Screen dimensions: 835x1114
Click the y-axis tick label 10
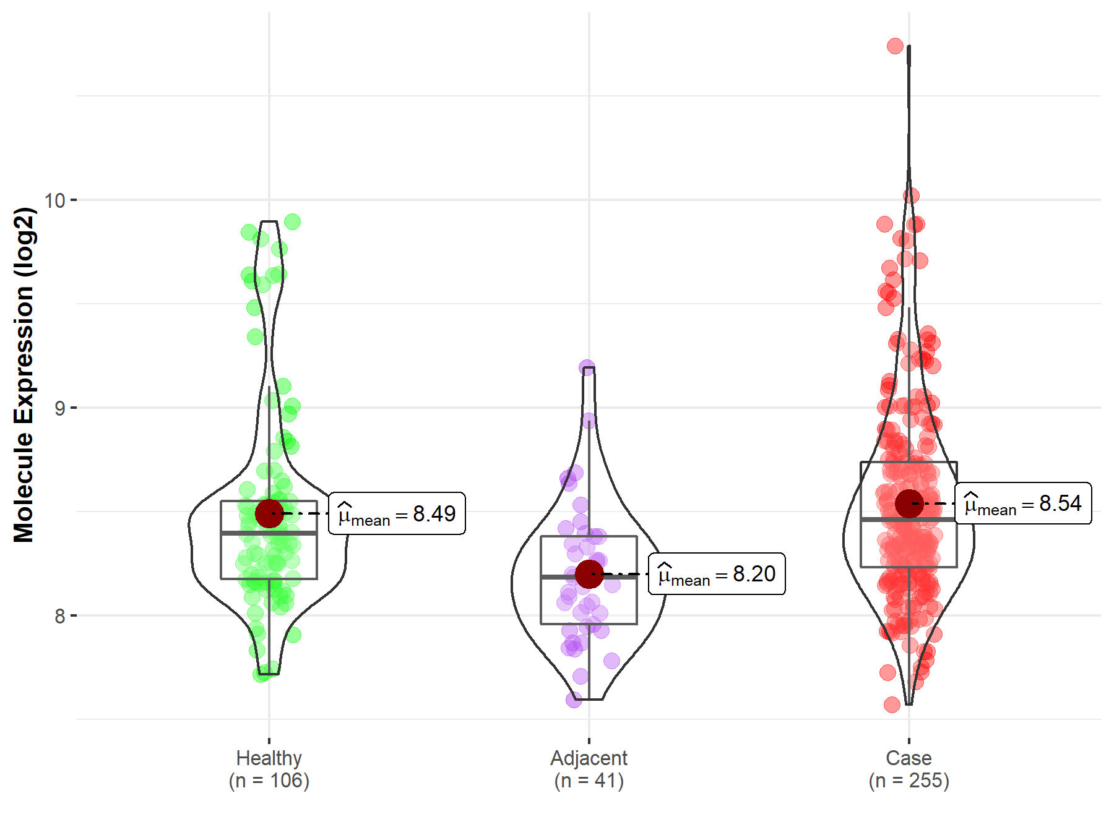tap(54, 200)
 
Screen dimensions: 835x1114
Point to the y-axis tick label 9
tap(59, 408)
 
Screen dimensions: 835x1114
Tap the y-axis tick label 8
tap(59, 616)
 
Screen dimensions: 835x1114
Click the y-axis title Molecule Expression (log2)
tap(24, 375)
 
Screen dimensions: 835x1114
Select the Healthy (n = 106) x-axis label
tap(269, 769)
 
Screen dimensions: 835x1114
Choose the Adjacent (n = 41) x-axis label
tap(589, 769)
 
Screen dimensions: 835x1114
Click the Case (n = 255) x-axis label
tap(909, 769)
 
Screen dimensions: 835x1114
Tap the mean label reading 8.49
tap(397, 513)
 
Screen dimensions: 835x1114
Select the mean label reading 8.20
tap(717, 574)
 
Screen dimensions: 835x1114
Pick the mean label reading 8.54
tap(1023, 503)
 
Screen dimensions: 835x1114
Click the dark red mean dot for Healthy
tap(269, 513)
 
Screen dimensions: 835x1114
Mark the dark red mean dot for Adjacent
tap(589, 574)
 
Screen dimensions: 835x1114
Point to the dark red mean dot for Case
tap(909, 503)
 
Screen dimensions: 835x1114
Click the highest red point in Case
tap(895, 46)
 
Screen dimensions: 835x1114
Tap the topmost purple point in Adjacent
tap(587, 368)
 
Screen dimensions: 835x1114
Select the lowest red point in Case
tap(892, 704)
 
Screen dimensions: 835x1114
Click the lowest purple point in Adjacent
tap(574, 700)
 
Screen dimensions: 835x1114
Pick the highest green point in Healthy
tap(292, 221)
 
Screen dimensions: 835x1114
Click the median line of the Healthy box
tap(269, 533)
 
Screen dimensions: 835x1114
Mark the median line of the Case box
tap(909, 520)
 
